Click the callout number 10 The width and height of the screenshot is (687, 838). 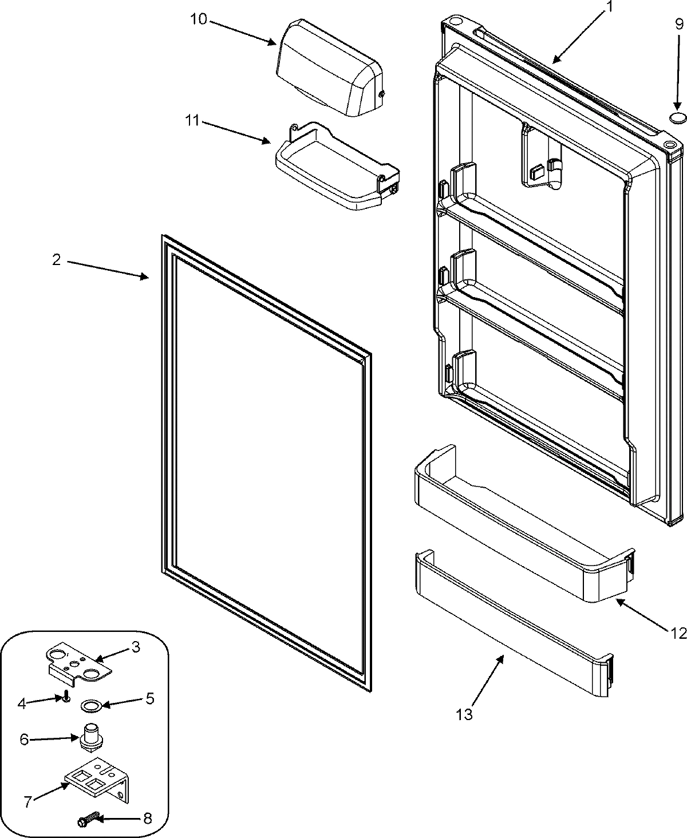[199, 19]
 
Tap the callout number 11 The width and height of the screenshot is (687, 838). [192, 121]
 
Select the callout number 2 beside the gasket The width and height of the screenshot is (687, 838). [56, 260]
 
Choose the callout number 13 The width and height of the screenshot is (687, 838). [465, 714]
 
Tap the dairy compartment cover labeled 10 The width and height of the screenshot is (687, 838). [329, 69]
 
